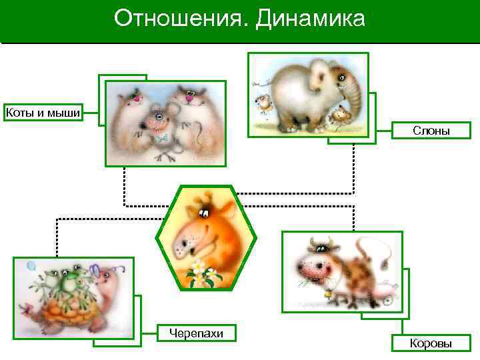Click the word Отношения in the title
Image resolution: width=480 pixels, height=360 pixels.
(179, 19)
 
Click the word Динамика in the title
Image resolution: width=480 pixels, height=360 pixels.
(310, 19)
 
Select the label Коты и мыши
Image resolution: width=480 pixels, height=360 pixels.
(43, 112)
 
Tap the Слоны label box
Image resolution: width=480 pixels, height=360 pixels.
(431, 131)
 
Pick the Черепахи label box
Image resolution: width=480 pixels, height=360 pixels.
(196, 333)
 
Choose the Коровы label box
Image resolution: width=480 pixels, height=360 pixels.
(431, 343)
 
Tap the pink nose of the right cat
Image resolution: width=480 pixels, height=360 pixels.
(189, 99)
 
